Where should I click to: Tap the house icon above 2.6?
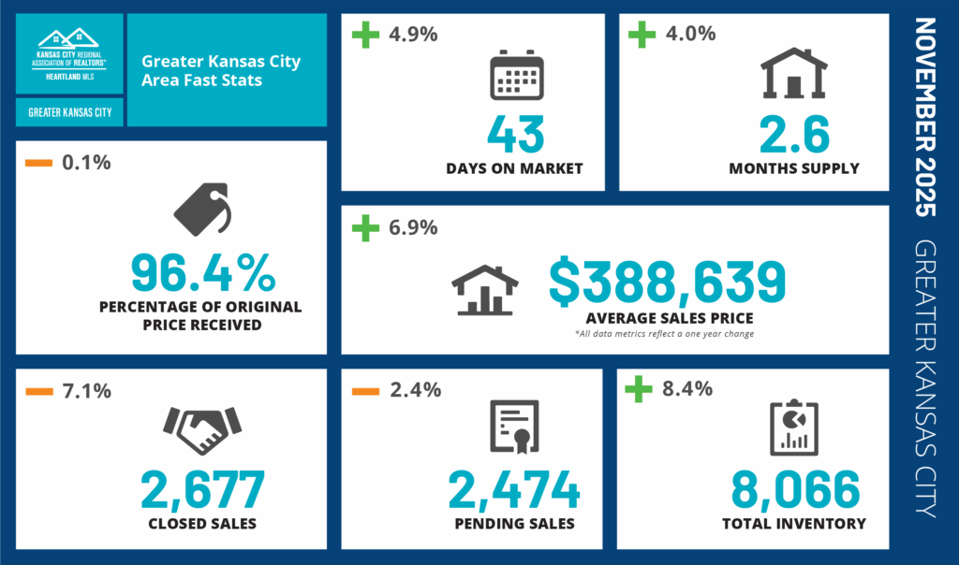pos(793,74)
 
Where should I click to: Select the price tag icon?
pos(201,209)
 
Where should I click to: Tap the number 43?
pos(516,133)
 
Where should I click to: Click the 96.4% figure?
pos(202,272)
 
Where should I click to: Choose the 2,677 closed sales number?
pos(203,490)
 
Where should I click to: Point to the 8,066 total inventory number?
pos(794,490)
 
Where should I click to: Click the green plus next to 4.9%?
pos(364,36)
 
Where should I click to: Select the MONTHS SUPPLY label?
pos(793,168)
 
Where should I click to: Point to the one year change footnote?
pos(664,334)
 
